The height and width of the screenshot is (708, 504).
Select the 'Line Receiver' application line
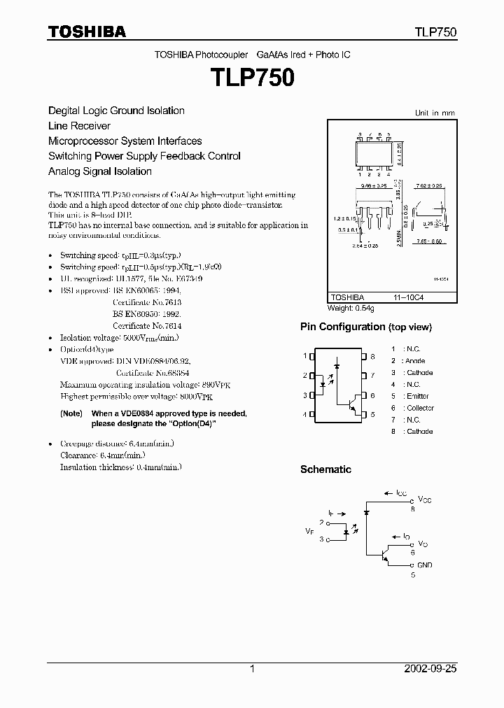[x=79, y=126]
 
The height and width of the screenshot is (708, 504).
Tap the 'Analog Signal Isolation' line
[x=99, y=171]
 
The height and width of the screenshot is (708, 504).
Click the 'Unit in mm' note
[x=435, y=113]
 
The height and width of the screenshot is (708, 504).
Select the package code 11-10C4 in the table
[x=419, y=297]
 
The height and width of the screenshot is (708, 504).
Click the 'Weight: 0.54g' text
[x=351, y=308]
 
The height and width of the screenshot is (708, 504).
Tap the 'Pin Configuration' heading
[x=365, y=327]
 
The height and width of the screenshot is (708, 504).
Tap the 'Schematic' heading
[x=325, y=469]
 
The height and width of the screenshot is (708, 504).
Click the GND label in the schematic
[x=424, y=565]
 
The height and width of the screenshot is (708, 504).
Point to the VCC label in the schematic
[x=424, y=500]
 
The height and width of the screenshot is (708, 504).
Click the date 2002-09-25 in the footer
[x=430, y=669]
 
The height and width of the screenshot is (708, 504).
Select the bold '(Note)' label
[x=71, y=414]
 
